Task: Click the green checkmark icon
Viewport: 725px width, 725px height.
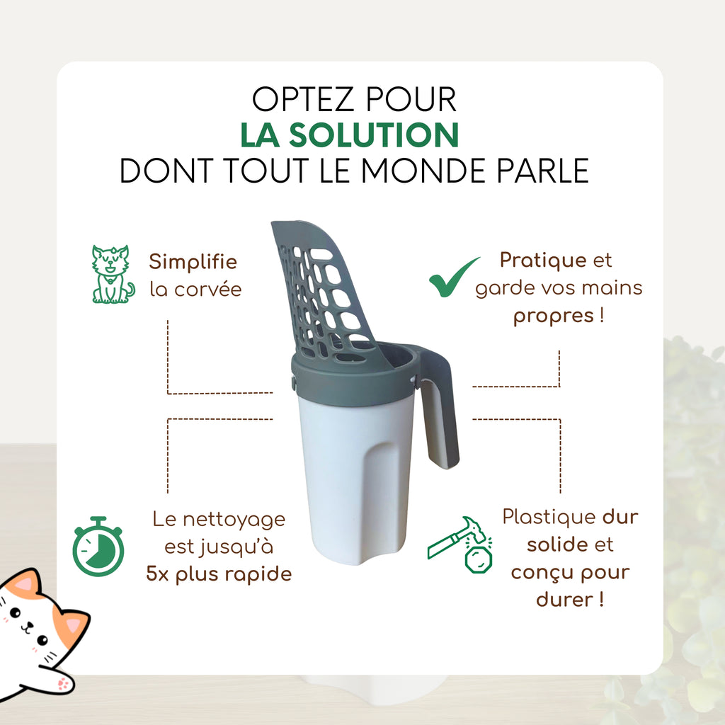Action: [454, 278]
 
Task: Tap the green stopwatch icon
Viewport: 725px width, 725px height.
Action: [98, 547]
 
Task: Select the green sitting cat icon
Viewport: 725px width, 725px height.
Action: [113, 275]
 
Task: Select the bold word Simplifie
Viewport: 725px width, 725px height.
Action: [193, 262]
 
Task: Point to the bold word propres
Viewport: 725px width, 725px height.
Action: [554, 316]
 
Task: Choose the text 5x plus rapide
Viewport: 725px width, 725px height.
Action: [219, 573]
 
